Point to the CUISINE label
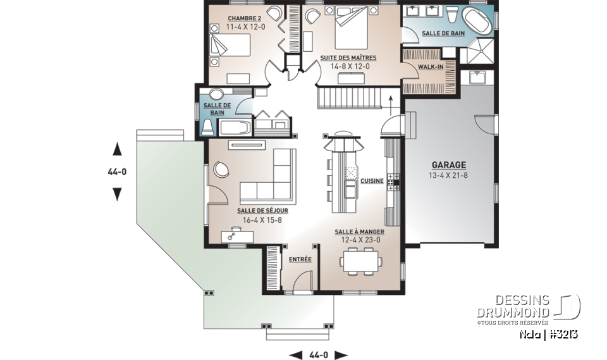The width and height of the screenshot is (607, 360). coord(372,181)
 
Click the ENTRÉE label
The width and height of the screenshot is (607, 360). coord(300,259)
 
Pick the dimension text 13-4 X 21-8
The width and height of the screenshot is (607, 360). coord(450,174)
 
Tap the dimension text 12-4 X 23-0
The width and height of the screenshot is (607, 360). coord(359,241)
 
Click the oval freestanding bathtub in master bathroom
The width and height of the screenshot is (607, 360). coord(478,21)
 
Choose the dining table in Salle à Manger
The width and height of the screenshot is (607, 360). coord(360,261)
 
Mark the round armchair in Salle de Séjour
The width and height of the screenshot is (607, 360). coord(222,169)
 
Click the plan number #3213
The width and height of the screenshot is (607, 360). coord(563,334)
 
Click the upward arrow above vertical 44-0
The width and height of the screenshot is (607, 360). coord(117,149)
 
